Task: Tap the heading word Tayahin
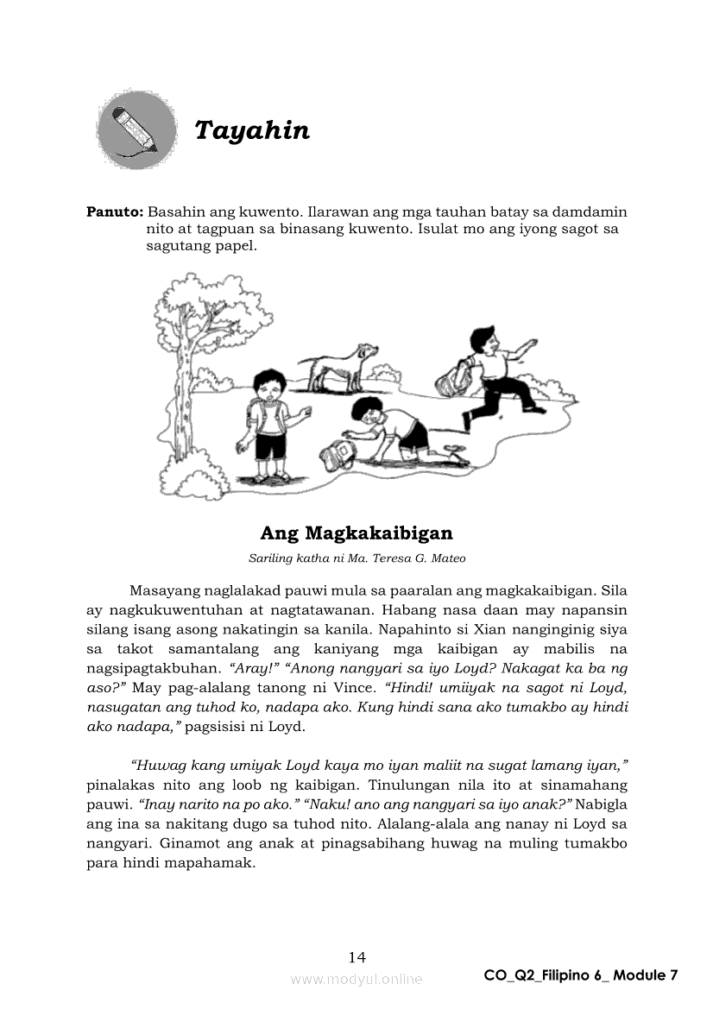point(251,130)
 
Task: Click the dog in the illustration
point(339,363)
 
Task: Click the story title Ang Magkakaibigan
point(356,533)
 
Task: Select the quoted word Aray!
point(370,668)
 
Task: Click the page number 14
point(356,956)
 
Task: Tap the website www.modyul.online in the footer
point(356,979)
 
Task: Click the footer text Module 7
point(646,975)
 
